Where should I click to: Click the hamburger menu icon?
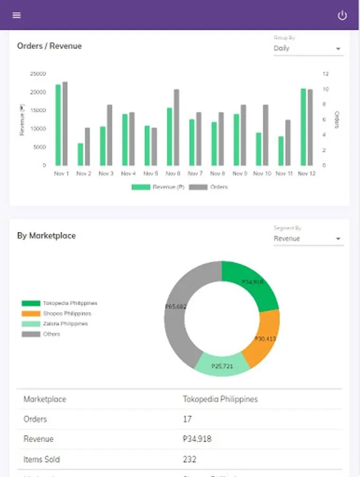point(16,15)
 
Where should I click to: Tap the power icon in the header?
point(343,15)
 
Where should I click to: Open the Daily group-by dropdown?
point(308,48)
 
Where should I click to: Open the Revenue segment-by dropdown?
point(308,238)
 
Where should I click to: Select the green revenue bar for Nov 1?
point(58,125)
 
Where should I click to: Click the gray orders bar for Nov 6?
point(177,127)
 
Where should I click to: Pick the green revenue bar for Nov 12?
point(303,127)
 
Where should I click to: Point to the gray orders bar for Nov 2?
point(87,146)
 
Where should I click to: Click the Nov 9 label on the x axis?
point(240,173)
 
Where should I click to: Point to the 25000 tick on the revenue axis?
point(38,74)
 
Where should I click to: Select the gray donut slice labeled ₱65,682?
point(178,307)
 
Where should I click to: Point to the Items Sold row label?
point(42,459)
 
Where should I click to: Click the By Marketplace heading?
point(46,236)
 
